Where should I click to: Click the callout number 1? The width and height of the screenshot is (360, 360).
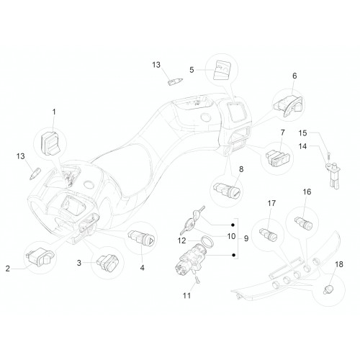pyautogui.click(x=54, y=112)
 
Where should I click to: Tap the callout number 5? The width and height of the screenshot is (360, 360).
pyautogui.click(x=192, y=70)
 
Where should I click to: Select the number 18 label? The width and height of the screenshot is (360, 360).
pyautogui.click(x=339, y=264)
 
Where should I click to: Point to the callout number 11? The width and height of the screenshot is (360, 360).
pyautogui.click(x=186, y=295)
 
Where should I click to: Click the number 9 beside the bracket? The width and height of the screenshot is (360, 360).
pyautogui.click(x=246, y=238)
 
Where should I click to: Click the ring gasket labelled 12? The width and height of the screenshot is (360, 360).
pyautogui.click(x=207, y=241)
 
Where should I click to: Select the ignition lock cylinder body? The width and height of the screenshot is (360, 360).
pyautogui.click(x=189, y=261)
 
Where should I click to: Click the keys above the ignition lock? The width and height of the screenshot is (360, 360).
pyautogui.click(x=192, y=220)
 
